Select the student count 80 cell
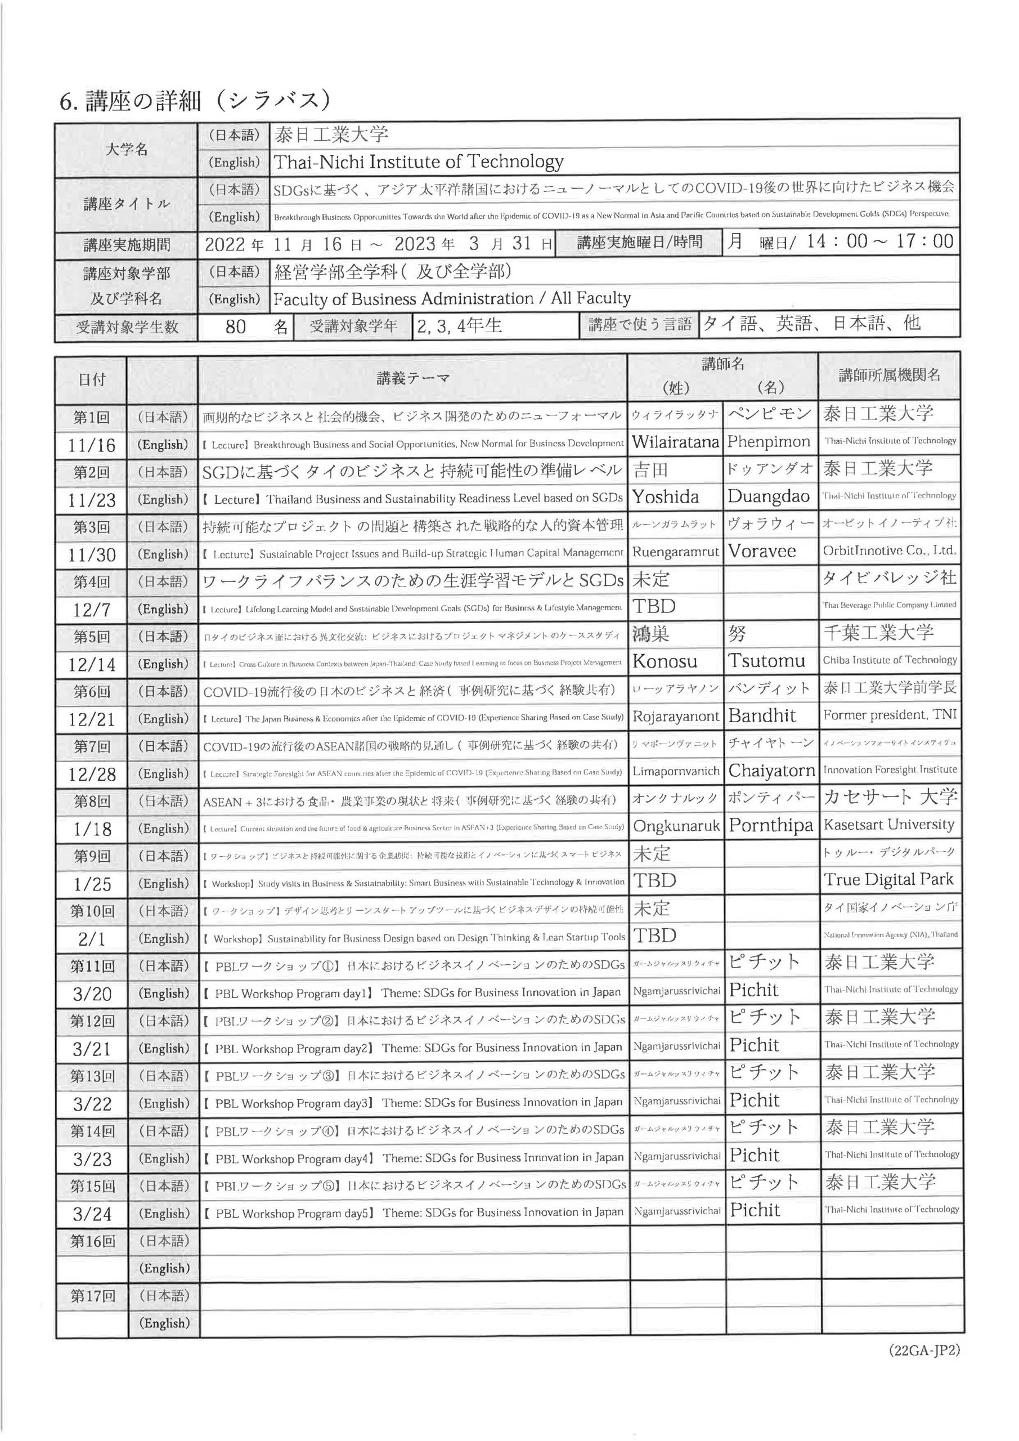click(236, 326)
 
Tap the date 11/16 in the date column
click(92, 445)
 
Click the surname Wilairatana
click(675, 442)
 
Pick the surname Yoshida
click(665, 497)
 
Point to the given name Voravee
click(762, 551)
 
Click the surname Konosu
click(665, 661)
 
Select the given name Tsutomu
click(766, 660)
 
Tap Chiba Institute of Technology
click(890, 660)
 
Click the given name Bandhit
click(762, 715)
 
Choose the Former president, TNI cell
click(883, 715)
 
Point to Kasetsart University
click(888, 824)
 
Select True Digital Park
click(888, 879)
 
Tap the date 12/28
click(92, 774)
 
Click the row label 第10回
click(92, 911)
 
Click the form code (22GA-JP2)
click(923, 1350)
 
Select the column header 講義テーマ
click(413, 378)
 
